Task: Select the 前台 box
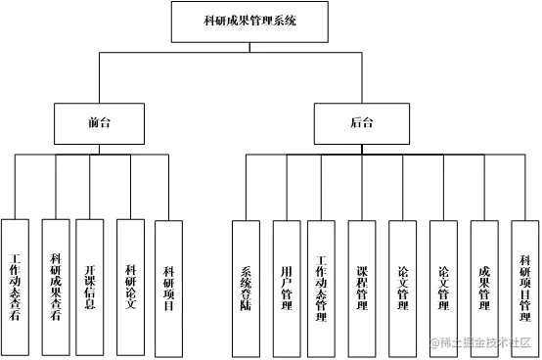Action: [x=98, y=123]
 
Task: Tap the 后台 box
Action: [x=361, y=123]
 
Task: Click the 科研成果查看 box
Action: [x=57, y=287]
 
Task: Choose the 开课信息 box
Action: [x=90, y=287]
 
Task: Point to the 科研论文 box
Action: [x=130, y=287]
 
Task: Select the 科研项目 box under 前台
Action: [x=168, y=287]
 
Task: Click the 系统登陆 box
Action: [x=246, y=287]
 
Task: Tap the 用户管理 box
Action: [x=286, y=287]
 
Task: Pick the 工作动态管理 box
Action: [x=321, y=287]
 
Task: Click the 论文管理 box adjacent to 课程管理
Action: [x=402, y=287]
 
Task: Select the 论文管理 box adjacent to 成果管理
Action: [x=443, y=287]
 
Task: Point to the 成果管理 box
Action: [x=484, y=287]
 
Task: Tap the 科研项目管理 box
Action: [x=524, y=287]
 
